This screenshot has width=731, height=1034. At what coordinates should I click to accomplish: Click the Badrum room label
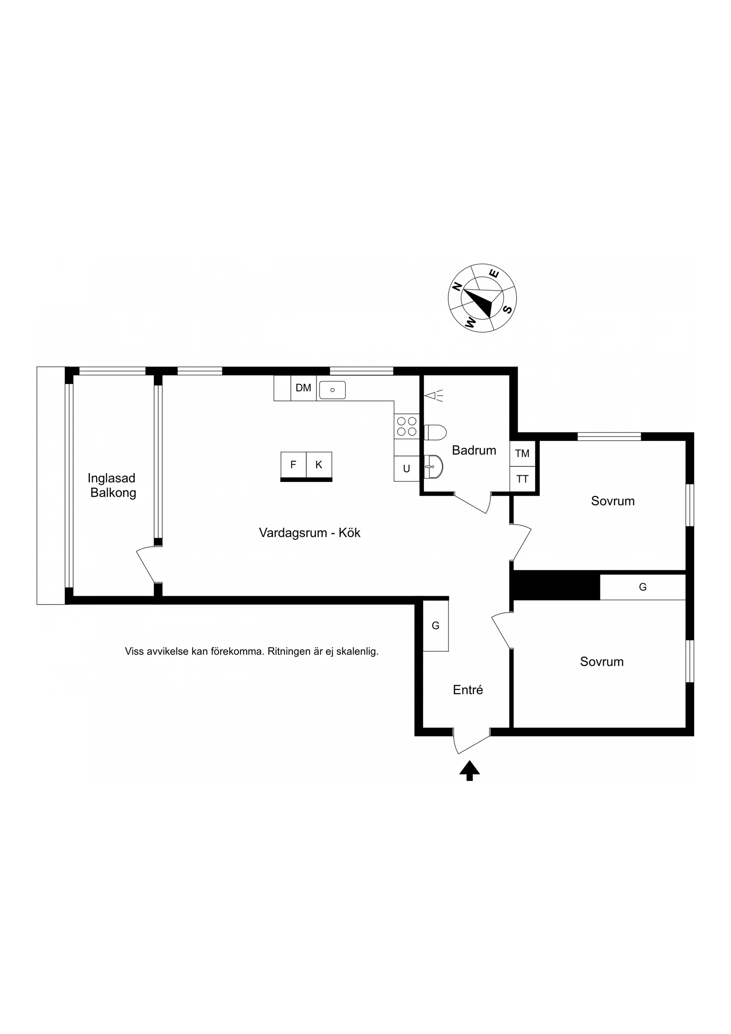[x=474, y=451]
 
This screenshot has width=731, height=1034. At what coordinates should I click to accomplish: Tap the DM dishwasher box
[x=303, y=388]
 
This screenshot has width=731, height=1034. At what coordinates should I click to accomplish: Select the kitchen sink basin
[x=332, y=390]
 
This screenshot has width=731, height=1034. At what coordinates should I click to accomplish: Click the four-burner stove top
[x=407, y=427]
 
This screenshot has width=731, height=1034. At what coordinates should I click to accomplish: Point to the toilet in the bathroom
[x=435, y=432]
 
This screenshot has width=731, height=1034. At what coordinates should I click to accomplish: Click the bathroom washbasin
[x=433, y=466]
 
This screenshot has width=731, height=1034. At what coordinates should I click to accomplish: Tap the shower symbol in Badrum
[x=434, y=396]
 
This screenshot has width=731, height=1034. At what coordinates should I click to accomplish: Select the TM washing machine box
[x=522, y=454]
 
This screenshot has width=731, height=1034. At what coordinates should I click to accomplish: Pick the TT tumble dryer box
[x=522, y=479]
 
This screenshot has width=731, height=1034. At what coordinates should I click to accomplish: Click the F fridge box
[x=293, y=465]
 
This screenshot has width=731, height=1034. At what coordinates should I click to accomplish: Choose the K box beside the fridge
[x=319, y=465]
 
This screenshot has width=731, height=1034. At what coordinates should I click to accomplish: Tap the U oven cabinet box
[x=407, y=469]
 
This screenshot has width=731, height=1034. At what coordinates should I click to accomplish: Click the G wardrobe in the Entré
[x=435, y=626]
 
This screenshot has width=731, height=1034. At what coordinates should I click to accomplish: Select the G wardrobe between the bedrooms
[x=643, y=587]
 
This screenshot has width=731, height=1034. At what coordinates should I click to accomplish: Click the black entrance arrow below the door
[x=470, y=770]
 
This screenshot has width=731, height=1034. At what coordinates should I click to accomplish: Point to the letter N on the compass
[x=457, y=287]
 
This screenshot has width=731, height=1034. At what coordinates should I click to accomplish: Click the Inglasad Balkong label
[x=112, y=486]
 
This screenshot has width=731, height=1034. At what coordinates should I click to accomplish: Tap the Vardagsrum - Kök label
[x=310, y=533]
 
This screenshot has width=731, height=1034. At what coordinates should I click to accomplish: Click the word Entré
[x=468, y=690]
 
